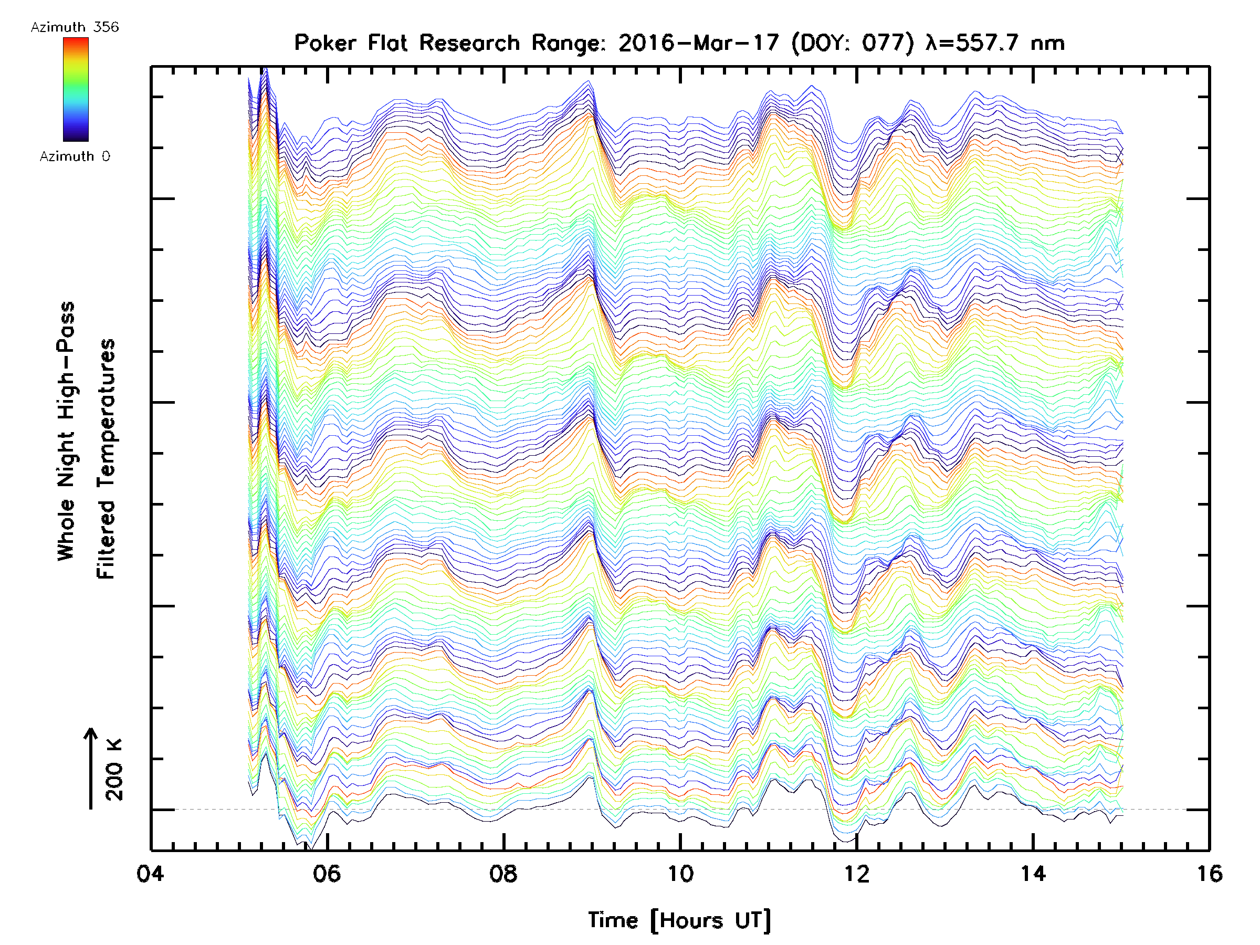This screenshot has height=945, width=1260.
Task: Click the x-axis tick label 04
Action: click(x=150, y=874)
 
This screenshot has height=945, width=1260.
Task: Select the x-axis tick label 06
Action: click(x=327, y=874)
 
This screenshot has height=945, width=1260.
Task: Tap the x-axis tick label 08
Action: click(x=503, y=874)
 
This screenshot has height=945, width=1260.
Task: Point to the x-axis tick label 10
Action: click(x=680, y=874)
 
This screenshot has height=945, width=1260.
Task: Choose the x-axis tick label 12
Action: click(x=857, y=874)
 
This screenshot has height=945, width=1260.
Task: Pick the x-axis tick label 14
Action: click(x=1033, y=874)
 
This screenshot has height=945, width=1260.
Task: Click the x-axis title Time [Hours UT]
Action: click(x=679, y=920)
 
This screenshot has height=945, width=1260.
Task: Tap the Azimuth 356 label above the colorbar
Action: click(x=75, y=27)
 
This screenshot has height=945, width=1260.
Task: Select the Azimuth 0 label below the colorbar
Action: click(x=75, y=156)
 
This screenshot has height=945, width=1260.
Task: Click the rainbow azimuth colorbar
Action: click(x=76, y=89)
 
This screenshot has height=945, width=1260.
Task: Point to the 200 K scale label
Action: click(x=114, y=770)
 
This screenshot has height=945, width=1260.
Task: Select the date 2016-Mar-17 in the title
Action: click(x=698, y=43)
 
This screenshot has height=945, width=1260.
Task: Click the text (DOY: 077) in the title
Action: click(x=853, y=43)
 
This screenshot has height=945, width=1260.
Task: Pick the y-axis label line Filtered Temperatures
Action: click(x=106, y=459)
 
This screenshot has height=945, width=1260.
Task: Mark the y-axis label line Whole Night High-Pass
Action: click(x=66, y=431)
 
